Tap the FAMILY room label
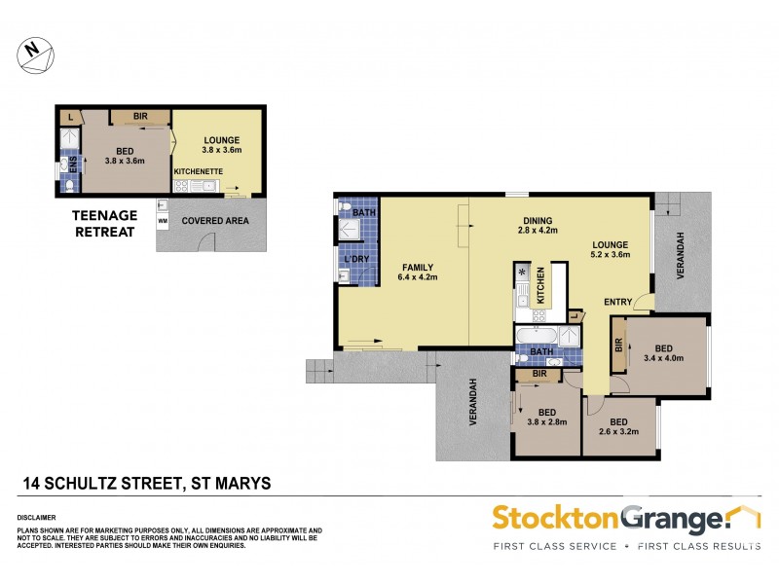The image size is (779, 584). pos(416,273)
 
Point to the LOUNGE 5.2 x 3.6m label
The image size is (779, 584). pos(609,249)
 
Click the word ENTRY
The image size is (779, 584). pos(618,301)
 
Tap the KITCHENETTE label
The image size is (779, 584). pos(199,171)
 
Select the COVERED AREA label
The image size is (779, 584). pos(215,221)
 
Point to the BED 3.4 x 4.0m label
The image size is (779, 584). pos(664,352)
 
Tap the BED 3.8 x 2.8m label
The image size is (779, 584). pos(546,416)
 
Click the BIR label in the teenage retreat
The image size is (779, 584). pos(140,117)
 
